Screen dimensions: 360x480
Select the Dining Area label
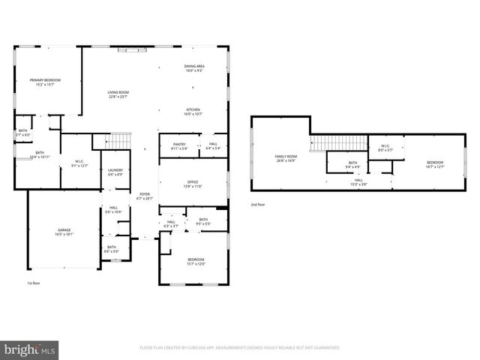coord(195,67)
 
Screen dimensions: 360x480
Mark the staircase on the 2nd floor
coord(328,142)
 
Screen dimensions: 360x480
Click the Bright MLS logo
coord(30,349)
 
